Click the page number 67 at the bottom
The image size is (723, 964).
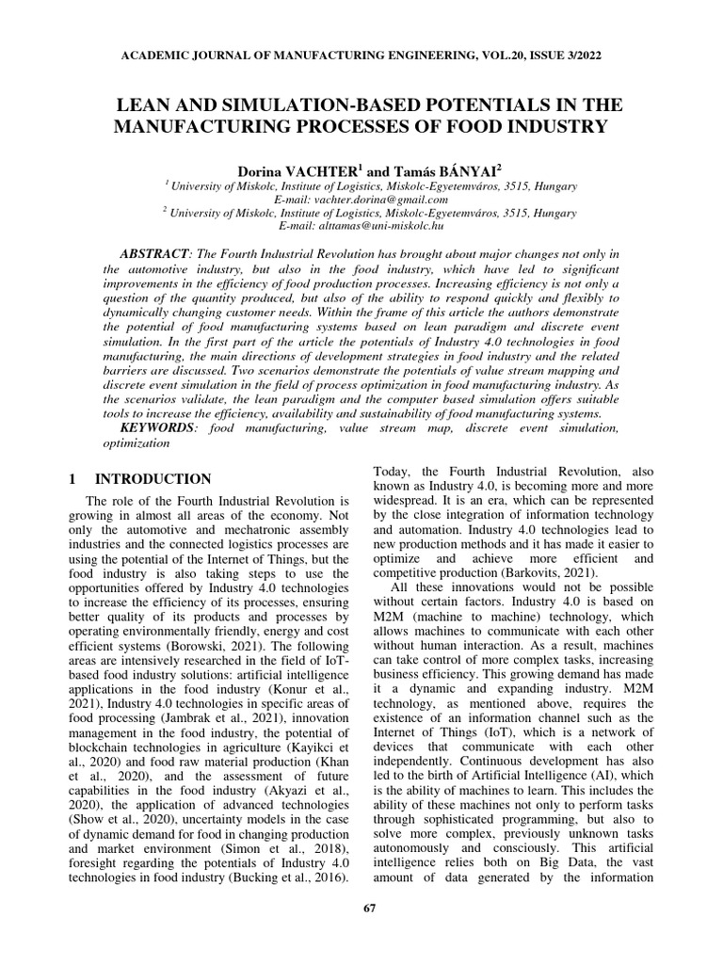369,934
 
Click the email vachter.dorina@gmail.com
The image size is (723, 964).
361,200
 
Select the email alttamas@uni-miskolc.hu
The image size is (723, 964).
361,226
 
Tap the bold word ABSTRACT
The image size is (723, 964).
154,255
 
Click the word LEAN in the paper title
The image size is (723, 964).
142,104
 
